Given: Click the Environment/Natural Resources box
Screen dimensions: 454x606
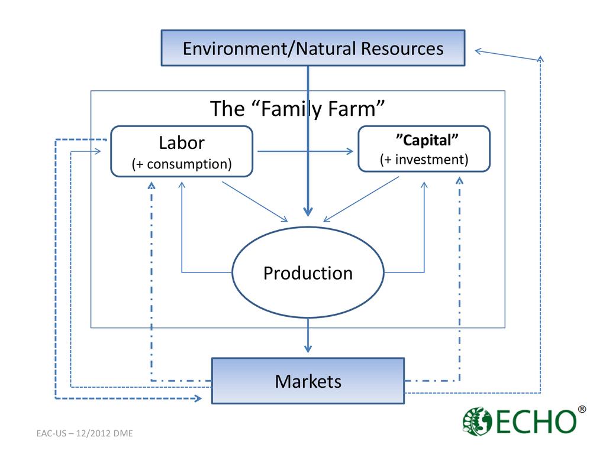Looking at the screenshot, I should pos(312,48).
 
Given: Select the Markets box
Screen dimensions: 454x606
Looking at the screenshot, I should pos(308,381).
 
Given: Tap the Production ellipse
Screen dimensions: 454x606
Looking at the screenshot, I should pos(308,273).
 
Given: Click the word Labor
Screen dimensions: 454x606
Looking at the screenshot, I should pos(181,142).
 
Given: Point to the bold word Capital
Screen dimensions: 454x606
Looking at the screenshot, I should pos(427,141).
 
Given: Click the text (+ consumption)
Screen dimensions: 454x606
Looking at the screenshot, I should pos(181,164).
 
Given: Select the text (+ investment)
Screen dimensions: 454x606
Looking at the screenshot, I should pos(424,160).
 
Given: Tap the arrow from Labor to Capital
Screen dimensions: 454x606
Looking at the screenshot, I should pos(305,151).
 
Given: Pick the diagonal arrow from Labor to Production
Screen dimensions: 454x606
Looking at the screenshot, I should pos(254,202).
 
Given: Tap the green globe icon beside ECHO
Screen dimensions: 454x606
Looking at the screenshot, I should pos(477,420).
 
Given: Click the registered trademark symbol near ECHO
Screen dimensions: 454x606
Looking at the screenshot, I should pos(582,409).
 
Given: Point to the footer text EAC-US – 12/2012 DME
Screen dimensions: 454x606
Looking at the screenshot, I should pos(85,433).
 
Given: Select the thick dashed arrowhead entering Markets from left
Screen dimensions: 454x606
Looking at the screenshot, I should pos(197,398).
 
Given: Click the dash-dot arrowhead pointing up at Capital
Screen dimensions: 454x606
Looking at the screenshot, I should pos(459,180).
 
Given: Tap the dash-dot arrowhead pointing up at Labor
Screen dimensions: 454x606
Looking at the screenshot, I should pos(151,185).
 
